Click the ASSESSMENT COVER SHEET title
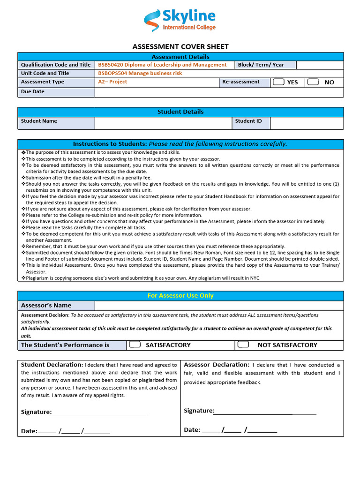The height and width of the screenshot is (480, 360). tap(180, 47)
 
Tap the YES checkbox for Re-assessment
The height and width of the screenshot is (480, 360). tap(278, 82)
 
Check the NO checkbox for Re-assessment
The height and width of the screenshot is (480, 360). tap(313, 82)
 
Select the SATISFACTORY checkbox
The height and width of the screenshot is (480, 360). tap(135, 345)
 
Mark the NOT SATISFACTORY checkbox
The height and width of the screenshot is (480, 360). tap(243, 345)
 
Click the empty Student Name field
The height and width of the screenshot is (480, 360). tap(163, 123)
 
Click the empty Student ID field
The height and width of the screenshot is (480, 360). tap(307, 123)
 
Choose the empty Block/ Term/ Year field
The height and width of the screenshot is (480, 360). tap(320, 65)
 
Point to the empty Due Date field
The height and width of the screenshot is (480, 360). tap(219, 92)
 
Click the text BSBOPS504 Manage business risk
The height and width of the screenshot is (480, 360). tap(140, 73)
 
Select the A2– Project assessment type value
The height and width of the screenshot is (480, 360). tap(112, 82)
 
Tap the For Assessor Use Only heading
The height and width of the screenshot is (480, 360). tap(180, 296)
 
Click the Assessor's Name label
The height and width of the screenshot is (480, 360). tap(46, 306)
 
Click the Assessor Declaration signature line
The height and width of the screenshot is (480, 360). tap(265, 412)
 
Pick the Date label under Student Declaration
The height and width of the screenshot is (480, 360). tap(29, 431)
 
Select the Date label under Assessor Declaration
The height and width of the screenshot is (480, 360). tap(192, 430)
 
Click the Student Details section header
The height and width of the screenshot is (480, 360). tap(180, 112)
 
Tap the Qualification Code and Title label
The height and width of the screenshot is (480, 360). tap(56, 65)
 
